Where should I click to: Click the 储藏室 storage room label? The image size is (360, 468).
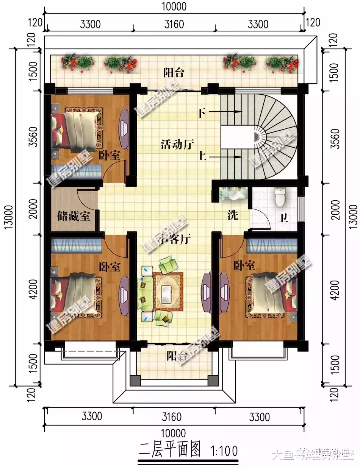pyautogui.click(x=74, y=217)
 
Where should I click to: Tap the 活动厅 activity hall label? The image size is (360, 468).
pyautogui.click(x=177, y=144)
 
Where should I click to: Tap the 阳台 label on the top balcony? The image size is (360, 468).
pyautogui.click(x=174, y=73)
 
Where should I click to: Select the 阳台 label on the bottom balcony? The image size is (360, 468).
pyautogui.click(x=177, y=356)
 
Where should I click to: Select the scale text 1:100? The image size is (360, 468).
pyautogui.click(x=223, y=451)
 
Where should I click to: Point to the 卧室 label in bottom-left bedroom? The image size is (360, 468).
pyautogui.click(x=110, y=267)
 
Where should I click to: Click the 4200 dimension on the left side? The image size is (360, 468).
pyautogui.click(x=33, y=289)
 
